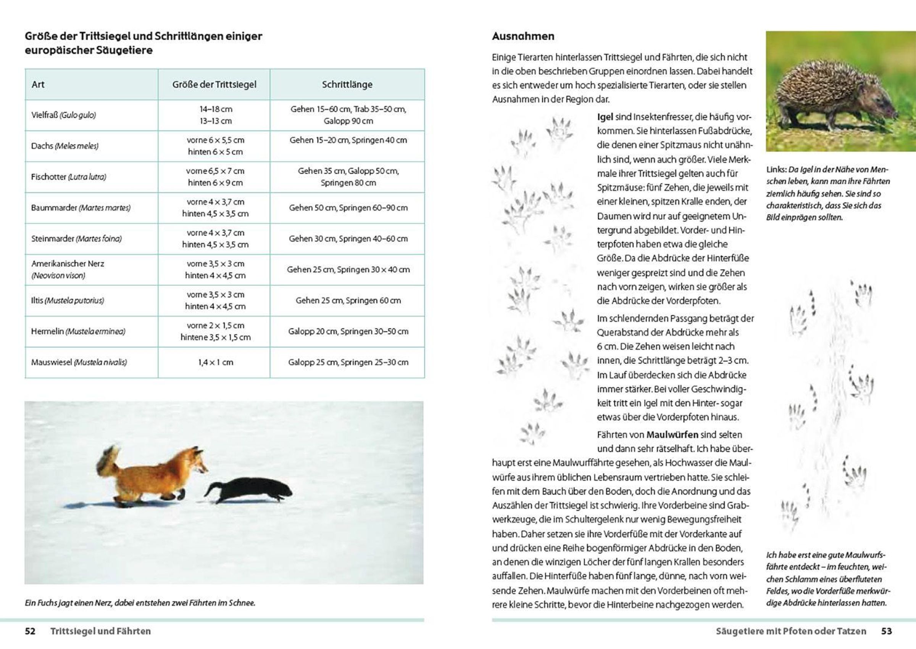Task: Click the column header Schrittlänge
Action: point(347,84)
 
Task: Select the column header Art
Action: point(38,84)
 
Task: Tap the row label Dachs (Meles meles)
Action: point(65,146)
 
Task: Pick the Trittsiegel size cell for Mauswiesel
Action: point(215,362)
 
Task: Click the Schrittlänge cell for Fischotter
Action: point(348,177)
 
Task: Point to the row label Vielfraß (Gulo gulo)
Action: point(64,115)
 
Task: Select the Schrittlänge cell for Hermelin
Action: point(348,331)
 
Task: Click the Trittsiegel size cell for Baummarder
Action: point(215,208)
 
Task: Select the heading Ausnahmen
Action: point(523,36)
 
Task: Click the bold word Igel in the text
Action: point(605,117)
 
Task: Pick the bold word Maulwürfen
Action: point(672,435)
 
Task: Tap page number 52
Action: point(30,631)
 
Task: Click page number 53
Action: point(886,631)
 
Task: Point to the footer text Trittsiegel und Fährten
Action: point(100,631)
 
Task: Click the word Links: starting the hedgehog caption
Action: point(776,169)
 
